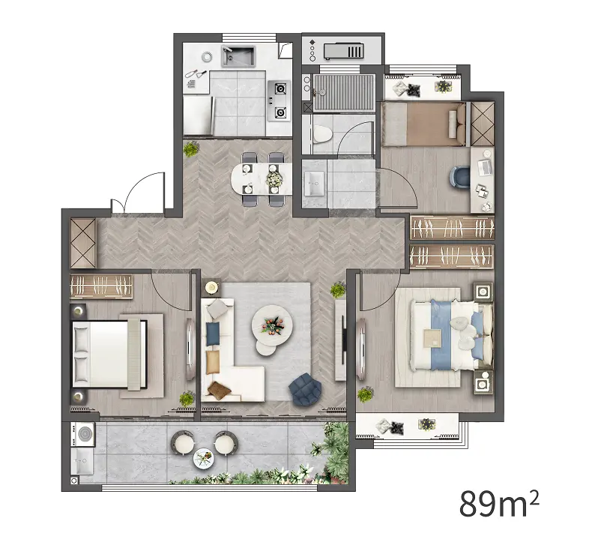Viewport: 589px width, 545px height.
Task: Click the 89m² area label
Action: pyautogui.click(x=499, y=503)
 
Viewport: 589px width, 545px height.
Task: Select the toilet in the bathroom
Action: pyautogui.click(x=322, y=134)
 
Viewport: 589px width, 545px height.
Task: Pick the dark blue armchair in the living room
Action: pyautogui.click(x=305, y=389)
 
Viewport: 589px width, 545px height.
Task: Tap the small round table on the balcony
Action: pyautogui.click(x=204, y=458)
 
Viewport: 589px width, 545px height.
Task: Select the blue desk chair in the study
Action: pyautogui.click(x=460, y=176)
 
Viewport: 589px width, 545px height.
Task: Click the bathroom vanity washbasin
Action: pyautogui.click(x=314, y=184)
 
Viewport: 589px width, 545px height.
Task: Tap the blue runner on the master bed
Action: pyautogui.click(x=441, y=334)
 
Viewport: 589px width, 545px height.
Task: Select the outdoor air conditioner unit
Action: pyautogui.click(x=344, y=51)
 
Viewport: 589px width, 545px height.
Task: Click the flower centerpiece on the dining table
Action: pyautogui.click(x=274, y=178)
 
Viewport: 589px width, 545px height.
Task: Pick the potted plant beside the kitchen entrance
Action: pyautogui.click(x=191, y=149)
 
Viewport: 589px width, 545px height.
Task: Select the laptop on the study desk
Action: pyautogui.click(x=485, y=166)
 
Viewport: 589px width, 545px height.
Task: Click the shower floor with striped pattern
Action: pyautogui.click(x=344, y=92)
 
